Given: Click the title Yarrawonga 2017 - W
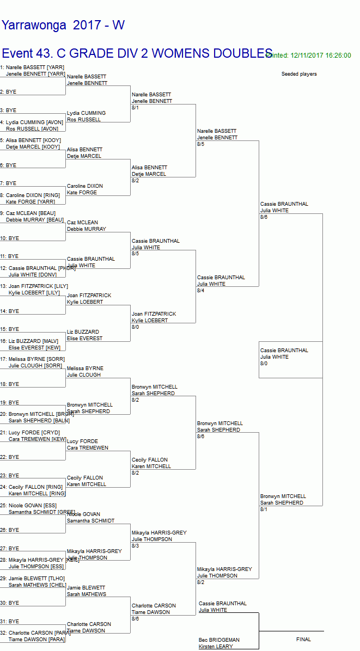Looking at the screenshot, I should point(63,25).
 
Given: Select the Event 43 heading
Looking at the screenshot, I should point(137,53).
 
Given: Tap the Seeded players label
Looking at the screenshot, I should point(299,74).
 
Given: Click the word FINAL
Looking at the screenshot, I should point(303,640).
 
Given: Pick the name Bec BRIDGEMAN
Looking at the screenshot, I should point(219,640).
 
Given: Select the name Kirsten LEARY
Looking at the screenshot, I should point(216,647).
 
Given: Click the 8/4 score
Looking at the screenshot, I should point(201,291).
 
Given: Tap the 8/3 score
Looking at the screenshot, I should point(136,546).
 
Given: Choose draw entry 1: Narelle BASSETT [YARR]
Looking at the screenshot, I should point(32,67).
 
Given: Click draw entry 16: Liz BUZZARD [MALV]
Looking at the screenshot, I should point(29,341).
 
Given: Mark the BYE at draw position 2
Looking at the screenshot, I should point(9,92).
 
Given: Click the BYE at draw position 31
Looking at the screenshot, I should point(10,622).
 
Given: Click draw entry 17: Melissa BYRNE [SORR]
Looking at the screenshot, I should point(32,359).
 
